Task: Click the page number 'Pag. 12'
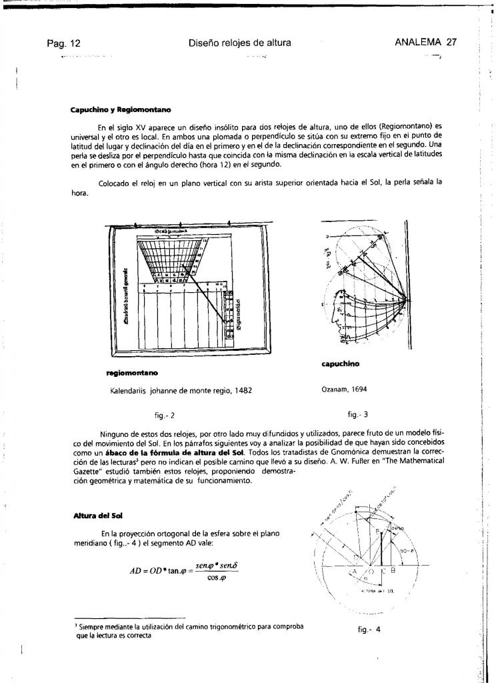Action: point(63,43)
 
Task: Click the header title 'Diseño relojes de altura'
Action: point(240,43)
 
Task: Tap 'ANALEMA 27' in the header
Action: point(425,43)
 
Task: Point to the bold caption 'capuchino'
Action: point(340,364)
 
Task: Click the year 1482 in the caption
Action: point(241,390)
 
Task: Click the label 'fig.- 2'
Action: point(164,415)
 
